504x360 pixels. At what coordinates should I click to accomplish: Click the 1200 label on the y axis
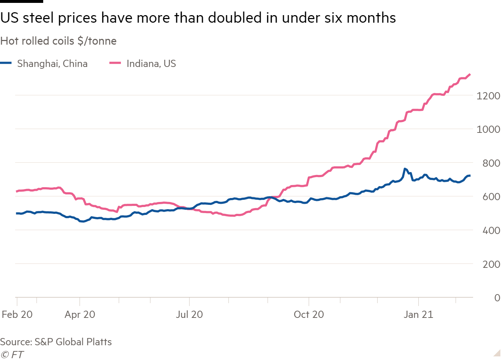[x=488, y=96]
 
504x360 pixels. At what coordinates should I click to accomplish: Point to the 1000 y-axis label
[x=488, y=129]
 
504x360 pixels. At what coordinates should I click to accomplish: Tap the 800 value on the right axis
[x=491, y=163]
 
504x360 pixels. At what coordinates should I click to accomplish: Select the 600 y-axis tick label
[x=491, y=197]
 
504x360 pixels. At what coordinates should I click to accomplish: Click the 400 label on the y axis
[x=491, y=230]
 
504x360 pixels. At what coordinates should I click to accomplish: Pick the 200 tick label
[x=491, y=264]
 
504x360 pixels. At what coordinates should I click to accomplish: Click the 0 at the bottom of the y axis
[x=497, y=298]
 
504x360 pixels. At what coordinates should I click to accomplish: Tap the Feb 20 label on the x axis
[x=17, y=315]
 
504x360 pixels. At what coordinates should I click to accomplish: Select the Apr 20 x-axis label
[x=80, y=315]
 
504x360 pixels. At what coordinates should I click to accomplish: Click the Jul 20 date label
[x=189, y=315]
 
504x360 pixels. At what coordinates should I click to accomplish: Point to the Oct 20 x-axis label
[x=309, y=315]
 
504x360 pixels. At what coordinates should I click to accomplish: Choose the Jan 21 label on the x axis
[x=418, y=315]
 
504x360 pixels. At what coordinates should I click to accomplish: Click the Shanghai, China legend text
[x=52, y=64]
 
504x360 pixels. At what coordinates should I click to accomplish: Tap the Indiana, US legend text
[x=151, y=64]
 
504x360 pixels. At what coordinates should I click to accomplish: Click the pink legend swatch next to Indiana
[x=115, y=63]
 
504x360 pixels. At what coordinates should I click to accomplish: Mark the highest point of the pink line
[x=470, y=75]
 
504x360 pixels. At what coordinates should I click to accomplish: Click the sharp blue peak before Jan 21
[x=405, y=168]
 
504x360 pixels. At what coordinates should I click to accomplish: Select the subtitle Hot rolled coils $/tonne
[x=58, y=41]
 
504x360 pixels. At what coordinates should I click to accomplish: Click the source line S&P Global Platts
[x=56, y=342]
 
